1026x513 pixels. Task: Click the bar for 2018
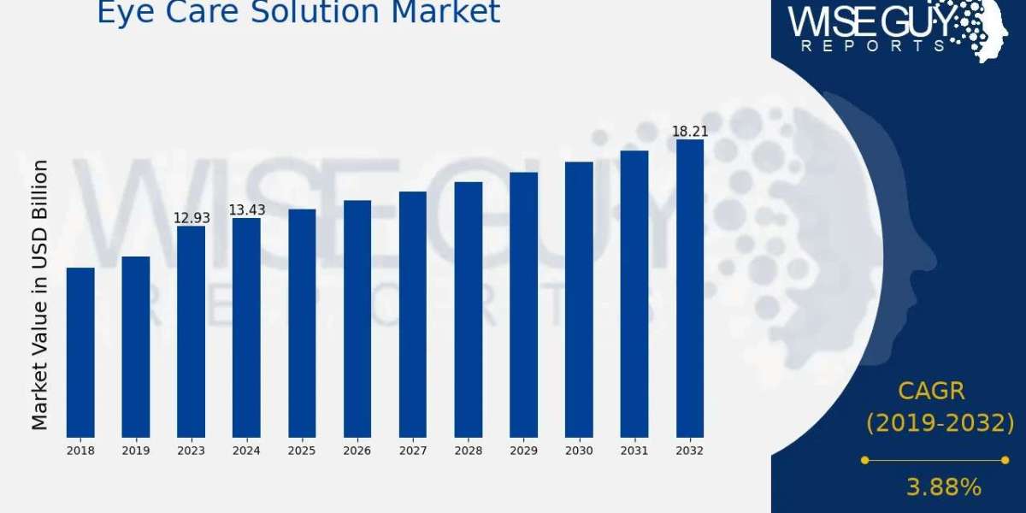pyautogui.click(x=80, y=352)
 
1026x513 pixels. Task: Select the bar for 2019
pyautogui.click(x=136, y=346)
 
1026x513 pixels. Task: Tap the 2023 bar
pyautogui.click(x=192, y=331)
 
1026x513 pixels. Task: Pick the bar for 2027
pyautogui.click(x=413, y=314)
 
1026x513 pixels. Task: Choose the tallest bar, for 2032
pyautogui.click(x=690, y=288)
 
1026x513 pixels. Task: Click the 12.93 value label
pyautogui.click(x=192, y=218)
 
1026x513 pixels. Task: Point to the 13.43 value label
pyautogui.click(x=246, y=210)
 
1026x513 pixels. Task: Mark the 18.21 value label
pyautogui.click(x=690, y=131)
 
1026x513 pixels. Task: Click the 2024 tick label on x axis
pyautogui.click(x=246, y=451)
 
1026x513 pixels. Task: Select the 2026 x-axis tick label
pyautogui.click(x=357, y=451)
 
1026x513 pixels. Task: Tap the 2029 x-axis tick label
pyautogui.click(x=523, y=451)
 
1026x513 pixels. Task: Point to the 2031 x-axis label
pyautogui.click(x=634, y=451)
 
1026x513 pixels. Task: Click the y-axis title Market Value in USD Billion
pyautogui.click(x=39, y=295)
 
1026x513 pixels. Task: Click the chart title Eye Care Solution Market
pyautogui.click(x=298, y=12)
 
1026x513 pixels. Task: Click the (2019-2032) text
pyautogui.click(x=940, y=422)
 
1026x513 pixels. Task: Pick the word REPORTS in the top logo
pyautogui.click(x=874, y=45)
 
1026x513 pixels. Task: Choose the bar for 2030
pyautogui.click(x=579, y=299)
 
